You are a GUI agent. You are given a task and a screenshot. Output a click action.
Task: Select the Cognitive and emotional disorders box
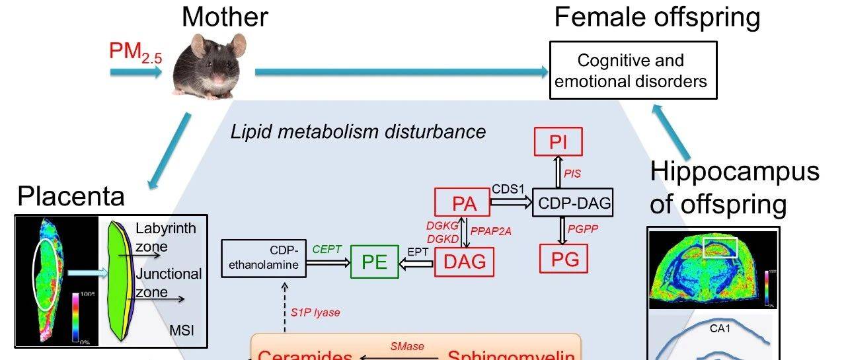click(633, 71)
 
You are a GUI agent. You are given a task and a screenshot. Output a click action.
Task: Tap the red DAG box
click(464, 262)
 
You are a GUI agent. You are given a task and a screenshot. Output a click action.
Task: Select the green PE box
click(374, 262)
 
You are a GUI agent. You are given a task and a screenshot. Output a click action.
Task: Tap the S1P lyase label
click(315, 312)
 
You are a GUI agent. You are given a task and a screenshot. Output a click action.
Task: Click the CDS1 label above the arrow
click(508, 190)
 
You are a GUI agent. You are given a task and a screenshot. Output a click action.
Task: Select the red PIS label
click(572, 174)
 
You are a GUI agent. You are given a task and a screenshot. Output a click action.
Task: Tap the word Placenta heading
click(71, 197)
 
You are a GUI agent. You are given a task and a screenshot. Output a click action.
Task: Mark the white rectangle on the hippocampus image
click(720, 248)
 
